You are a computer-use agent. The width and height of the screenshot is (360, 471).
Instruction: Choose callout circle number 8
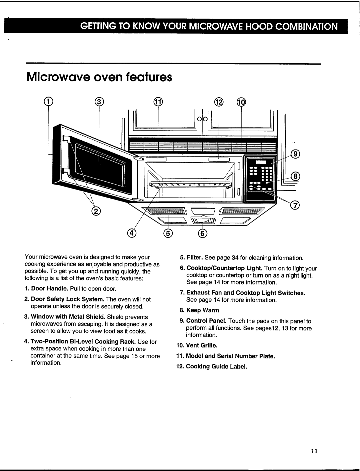point(295,176)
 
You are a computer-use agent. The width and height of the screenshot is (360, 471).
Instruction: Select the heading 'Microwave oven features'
point(99,78)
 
